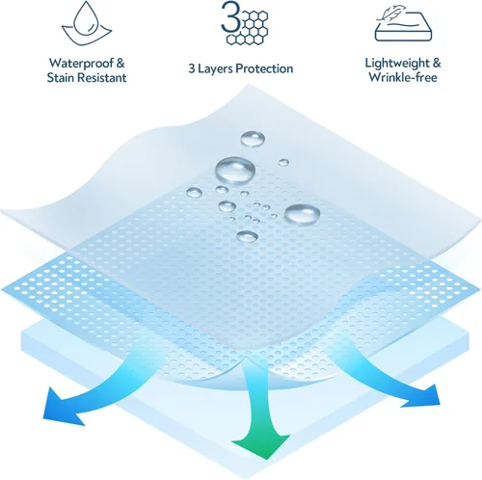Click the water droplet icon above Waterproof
pyautogui.click(x=87, y=24)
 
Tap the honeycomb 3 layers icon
pyautogui.click(x=245, y=22)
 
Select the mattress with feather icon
pyautogui.click(x=403, y=25)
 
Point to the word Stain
pyautogui.click(x=61, y=77)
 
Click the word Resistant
pyautogui.click(x=102, y=77)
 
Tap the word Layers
pyautogui.click(x=214, y=68)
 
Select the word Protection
pyautogui.click(x=264, y=68)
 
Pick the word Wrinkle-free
pyautogui.click(x=403, y=77)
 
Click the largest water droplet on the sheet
pyautogui.click(x=235, y=171)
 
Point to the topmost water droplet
pyautogui.click(x=253, y=139)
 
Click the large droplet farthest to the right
pyautogui.click(x=302, y=214)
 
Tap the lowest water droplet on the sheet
pyautogui.click(x=247, y=237)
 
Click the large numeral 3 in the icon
pyautogui.click(x=230, y=16)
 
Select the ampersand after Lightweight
pyautogui.click(x=437, y=63)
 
